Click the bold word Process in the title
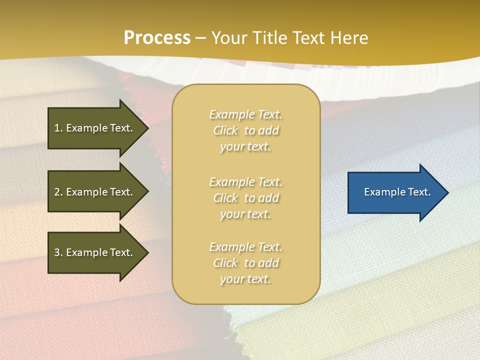point(157,38)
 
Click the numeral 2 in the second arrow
point(57,192)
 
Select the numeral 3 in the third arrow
point(57,252)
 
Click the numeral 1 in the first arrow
point(57,128)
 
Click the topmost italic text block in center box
point(245,130)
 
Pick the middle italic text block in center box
point(245,198)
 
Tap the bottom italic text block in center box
point(245,263)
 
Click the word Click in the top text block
point(225,131)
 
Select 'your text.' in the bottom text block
point(245,279)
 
